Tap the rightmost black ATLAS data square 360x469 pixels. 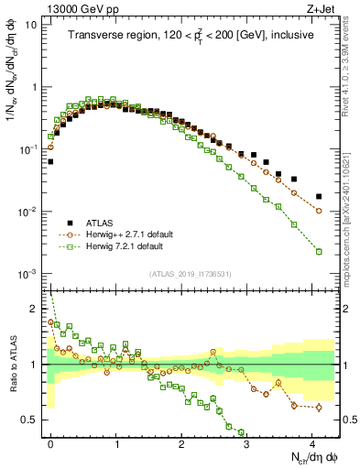pos(319,196)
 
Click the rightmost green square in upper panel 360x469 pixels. pos(319,251)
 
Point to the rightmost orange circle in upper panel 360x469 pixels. pos(319,211)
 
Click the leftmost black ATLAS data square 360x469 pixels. pos(50,161)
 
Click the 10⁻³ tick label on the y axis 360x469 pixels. pos(28,274)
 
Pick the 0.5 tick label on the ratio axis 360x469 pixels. pos(31,420)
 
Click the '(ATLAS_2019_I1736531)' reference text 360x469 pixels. pos(194,274)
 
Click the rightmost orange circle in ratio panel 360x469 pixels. pos(319,408)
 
